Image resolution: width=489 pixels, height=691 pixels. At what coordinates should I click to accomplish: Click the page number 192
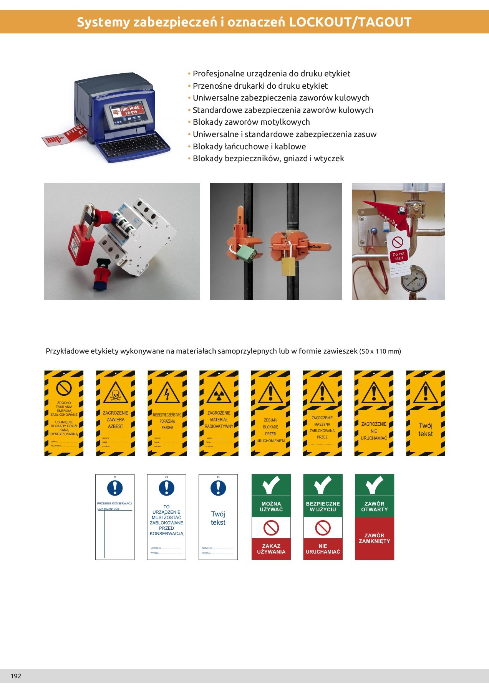click(16, 676)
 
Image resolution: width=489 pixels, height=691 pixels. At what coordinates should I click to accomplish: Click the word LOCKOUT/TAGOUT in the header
click(350, 22)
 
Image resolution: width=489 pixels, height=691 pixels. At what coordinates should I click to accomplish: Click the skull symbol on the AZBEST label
click(115, 395)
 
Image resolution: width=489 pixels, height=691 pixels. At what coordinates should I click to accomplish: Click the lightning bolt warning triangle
click(167, 393)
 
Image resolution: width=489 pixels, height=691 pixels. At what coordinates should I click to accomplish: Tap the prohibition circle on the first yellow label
click(64, 388)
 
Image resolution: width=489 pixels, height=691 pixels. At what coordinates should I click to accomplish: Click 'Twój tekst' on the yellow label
click(425, 430)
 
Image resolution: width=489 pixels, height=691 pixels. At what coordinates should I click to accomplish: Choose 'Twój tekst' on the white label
click(218, 518)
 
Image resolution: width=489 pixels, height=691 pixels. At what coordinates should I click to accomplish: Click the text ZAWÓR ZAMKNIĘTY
click(374, 538)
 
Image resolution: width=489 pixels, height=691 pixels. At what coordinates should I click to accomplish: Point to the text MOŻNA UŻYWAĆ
click(271, 507)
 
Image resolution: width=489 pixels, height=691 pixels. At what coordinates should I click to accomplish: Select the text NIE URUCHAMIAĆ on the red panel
click(323, 549)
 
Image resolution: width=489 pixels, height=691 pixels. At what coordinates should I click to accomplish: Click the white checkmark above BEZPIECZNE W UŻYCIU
click(323, 485)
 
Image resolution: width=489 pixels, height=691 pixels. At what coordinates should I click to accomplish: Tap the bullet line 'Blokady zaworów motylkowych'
click(251, 122)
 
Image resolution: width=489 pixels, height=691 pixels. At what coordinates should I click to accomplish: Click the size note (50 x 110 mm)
click(380, 351)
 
